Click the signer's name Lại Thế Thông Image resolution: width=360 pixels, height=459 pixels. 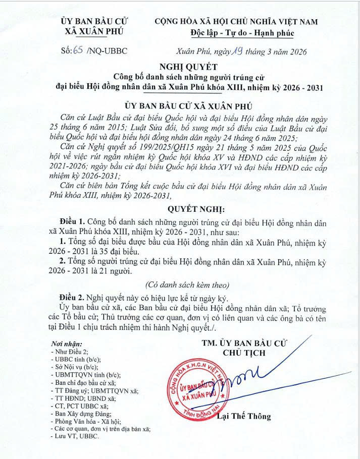click(244, 417)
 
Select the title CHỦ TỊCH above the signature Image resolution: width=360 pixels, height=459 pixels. click(244, 353)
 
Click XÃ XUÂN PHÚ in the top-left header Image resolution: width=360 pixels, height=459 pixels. click(94, 31)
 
